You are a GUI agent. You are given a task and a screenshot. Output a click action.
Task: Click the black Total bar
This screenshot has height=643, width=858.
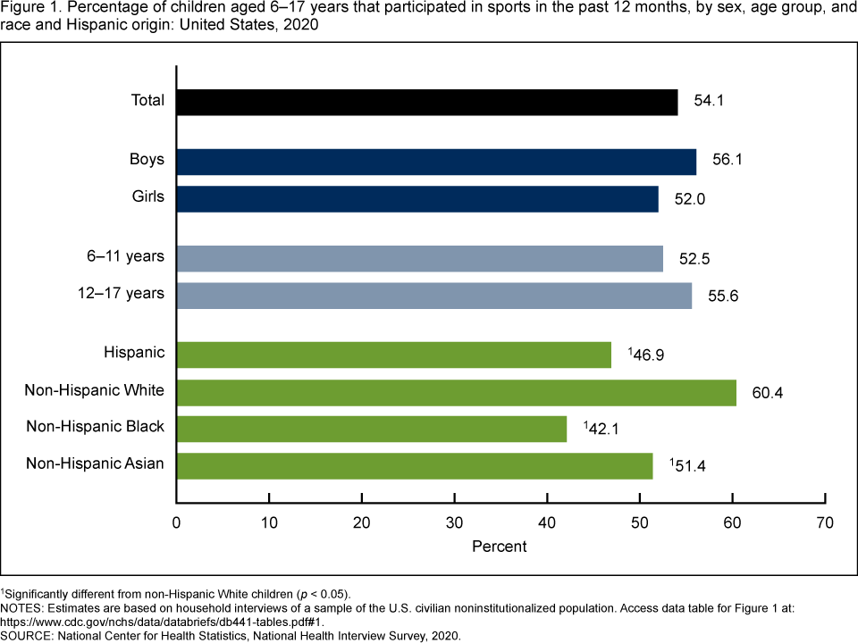(x=427, y=102)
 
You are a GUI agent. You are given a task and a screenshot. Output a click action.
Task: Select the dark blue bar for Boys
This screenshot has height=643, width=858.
(x=436, y=162)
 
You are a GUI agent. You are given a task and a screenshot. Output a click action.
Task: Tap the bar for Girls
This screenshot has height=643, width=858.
(x=417, y=198)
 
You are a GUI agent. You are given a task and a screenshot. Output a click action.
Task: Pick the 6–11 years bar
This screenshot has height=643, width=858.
(x=420, y=258)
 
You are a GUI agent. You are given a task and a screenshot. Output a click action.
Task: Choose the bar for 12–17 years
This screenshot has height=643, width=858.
(x=434, y=296)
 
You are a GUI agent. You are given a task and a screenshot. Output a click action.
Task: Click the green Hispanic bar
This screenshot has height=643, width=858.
(x=394, y=355)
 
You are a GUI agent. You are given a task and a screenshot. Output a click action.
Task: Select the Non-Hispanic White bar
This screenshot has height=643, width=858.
(x=457, y=392)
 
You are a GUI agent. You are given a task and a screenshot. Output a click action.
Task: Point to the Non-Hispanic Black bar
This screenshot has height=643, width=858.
(x=372, y=429)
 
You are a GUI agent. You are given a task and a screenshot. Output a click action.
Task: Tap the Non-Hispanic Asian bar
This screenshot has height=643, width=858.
(x=415, y=466)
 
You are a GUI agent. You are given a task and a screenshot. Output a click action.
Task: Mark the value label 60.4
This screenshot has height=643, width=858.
(x=767, y=392)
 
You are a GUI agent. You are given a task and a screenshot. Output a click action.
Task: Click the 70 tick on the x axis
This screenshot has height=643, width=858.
(x=825, y=522)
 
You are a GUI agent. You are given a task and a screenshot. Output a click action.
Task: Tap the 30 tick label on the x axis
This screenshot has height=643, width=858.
(x=454, y=522)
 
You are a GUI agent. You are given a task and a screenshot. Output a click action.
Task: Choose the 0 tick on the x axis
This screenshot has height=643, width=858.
(x=177, y=522)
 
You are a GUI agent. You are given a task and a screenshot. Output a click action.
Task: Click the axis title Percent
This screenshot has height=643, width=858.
(x=500, y=545)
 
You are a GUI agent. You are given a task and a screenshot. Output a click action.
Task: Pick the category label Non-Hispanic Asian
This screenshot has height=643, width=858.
(x=95, y=463)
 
